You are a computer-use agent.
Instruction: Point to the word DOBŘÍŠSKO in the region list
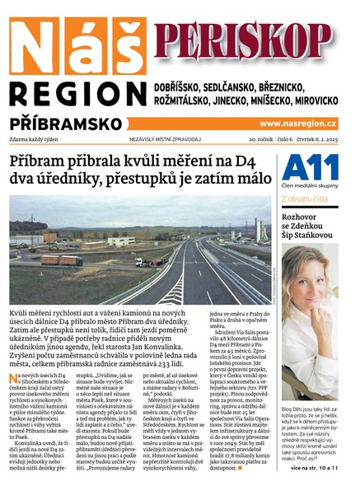(188, 86)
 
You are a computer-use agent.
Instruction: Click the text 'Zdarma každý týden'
(37, 138)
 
